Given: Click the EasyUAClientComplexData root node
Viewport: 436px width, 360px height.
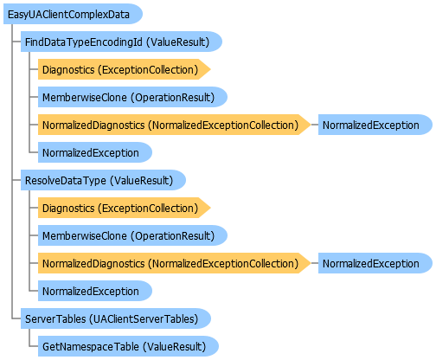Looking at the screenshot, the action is coord(73,14).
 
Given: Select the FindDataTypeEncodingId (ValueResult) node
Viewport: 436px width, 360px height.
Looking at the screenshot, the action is coord(121,42).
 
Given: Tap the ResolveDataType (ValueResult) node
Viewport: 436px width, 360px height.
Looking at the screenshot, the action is coord(103,180).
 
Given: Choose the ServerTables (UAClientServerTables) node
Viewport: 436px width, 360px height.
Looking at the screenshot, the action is coord(116,318).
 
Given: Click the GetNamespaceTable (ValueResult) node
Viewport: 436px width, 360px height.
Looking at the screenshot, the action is coord(128,346).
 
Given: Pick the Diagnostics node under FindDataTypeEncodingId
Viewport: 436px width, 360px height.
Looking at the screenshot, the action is coord(125,69).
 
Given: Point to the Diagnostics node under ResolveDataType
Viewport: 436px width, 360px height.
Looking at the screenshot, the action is coord(125,208).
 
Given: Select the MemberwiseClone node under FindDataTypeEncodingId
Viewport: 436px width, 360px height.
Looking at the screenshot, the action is coord(132,97).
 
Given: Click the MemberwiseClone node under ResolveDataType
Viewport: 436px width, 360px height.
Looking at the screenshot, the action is coord(132,235).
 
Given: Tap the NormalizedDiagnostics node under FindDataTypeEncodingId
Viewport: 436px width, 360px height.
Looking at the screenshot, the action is coord(175,125).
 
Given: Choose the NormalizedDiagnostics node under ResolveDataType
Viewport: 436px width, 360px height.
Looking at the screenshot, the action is coord(175,263).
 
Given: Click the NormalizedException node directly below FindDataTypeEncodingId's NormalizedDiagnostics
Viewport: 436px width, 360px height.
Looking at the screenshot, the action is coord(95,152).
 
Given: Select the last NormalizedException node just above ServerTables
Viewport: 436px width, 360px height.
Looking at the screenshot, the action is coord(95,291).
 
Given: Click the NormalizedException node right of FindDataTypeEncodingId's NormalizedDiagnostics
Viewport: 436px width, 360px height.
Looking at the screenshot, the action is coord(375,125).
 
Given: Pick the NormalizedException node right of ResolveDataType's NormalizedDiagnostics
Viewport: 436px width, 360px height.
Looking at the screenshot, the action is coord(375,263).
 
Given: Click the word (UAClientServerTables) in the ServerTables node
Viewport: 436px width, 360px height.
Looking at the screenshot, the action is coord(144,319).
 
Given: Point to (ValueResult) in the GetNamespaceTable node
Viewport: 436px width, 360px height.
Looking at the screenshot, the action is coord(175,347).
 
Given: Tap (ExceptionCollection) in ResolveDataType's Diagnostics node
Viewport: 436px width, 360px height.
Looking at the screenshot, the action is coord(148,209).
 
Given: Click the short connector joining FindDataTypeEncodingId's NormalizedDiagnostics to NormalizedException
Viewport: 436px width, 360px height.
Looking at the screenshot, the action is coord(315,125).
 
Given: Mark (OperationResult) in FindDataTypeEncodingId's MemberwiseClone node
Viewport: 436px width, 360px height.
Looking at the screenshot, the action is coord(173,98).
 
